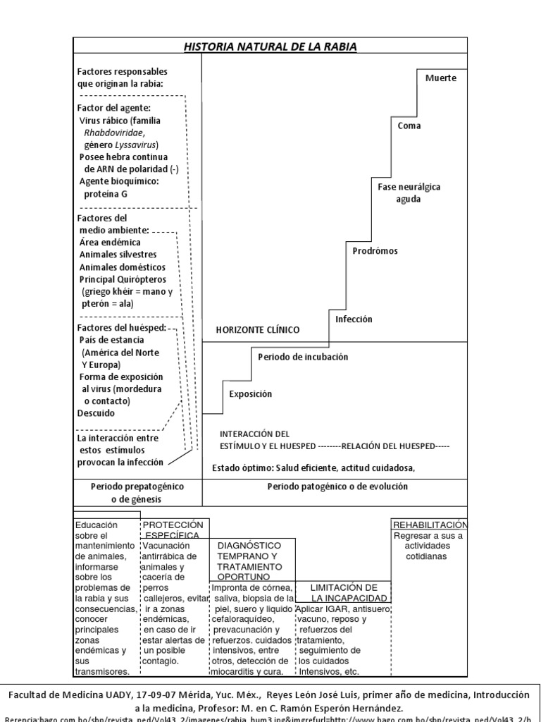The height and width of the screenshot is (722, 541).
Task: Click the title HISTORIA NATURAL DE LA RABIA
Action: coord(270,47)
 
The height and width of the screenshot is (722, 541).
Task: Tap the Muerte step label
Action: coord(441,78)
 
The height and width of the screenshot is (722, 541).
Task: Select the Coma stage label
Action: coord(409,126)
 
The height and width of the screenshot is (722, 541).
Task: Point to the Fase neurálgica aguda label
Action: coord(409,193)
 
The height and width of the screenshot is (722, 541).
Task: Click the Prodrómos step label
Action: coord(375,250)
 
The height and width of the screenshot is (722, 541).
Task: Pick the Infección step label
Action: coord(354,319)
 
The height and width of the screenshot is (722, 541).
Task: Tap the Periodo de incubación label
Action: coord(303,357)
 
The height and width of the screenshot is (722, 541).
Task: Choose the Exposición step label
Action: coord(250,394)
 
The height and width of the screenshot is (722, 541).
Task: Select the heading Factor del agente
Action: coord(113,108)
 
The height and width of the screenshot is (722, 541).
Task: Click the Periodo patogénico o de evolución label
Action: coord(337,487)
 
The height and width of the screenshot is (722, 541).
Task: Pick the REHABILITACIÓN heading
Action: coord(430,525)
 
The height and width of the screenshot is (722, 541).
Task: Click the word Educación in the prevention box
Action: coord(97,525)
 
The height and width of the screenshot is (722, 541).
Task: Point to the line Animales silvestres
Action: coord(118,254)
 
